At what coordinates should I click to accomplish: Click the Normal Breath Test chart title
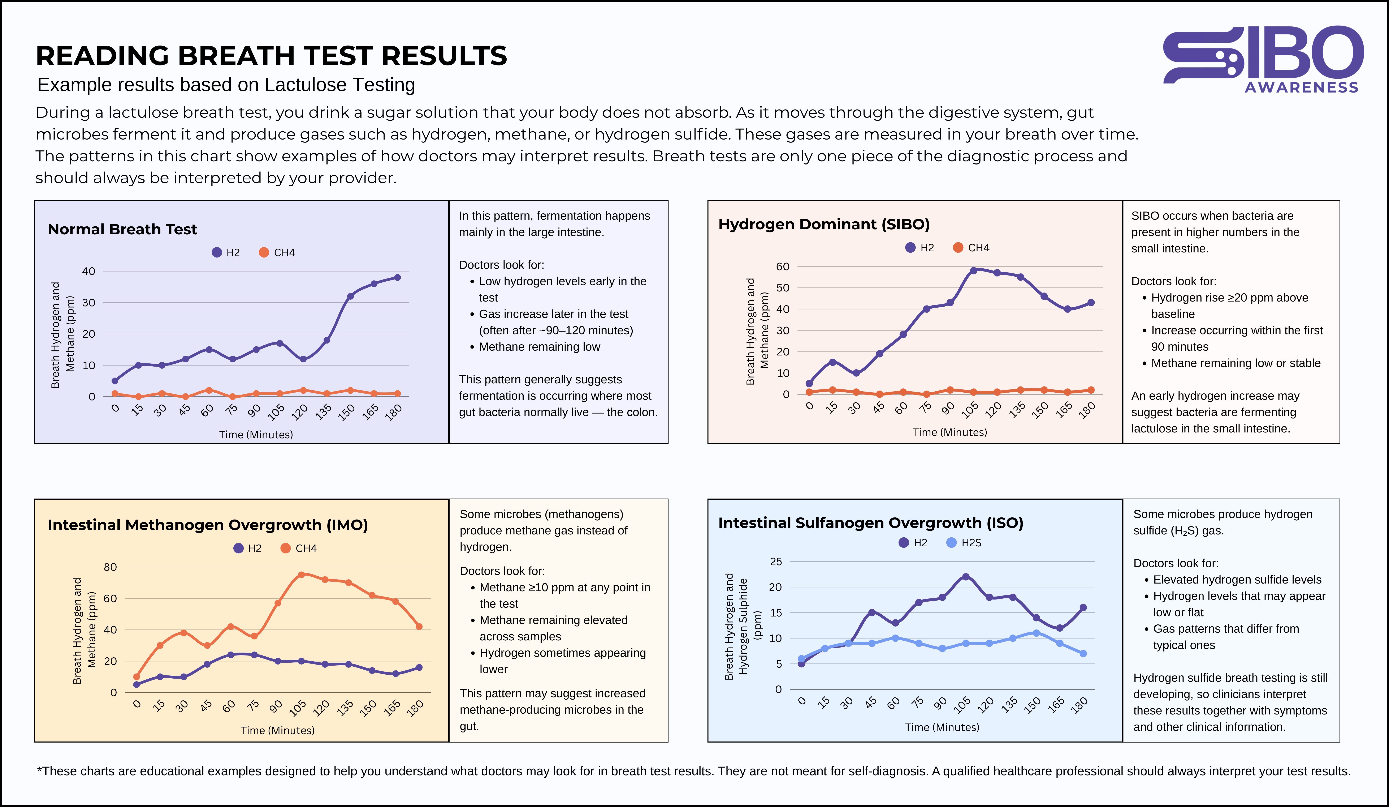click(122, 230)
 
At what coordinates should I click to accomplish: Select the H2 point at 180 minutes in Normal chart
click(397, 277)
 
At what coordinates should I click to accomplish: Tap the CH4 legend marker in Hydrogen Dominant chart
click(958, 248)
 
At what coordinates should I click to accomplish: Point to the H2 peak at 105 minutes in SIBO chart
click(973, 271)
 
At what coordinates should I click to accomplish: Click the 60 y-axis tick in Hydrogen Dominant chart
click(783, 266)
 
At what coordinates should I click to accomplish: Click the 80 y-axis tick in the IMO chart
click(110, 567)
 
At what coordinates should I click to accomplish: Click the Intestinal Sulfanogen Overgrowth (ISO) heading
click(870, 523)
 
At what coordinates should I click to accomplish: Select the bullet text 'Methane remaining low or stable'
click(1236, 363)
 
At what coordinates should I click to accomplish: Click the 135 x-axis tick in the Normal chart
click(324, 411)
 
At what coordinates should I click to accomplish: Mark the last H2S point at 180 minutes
click(1083, 654)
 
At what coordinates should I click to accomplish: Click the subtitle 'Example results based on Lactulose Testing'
click(226, 85)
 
